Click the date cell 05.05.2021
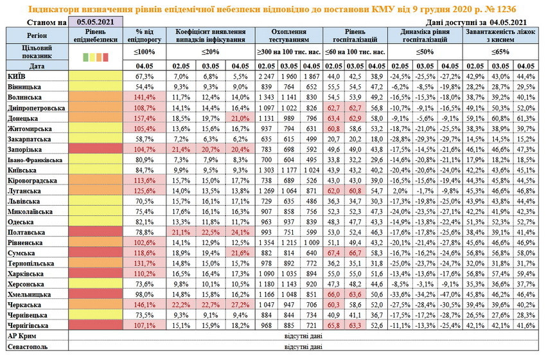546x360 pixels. point(96,22)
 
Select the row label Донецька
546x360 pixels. point(25,118)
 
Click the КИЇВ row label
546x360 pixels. point(17,76)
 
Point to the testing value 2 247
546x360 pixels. point(268,76)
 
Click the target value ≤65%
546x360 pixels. point(500,51)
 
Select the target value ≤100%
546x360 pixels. point(145,51)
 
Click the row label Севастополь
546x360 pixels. point(29,345)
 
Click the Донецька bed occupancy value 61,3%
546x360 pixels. point(526,118)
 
